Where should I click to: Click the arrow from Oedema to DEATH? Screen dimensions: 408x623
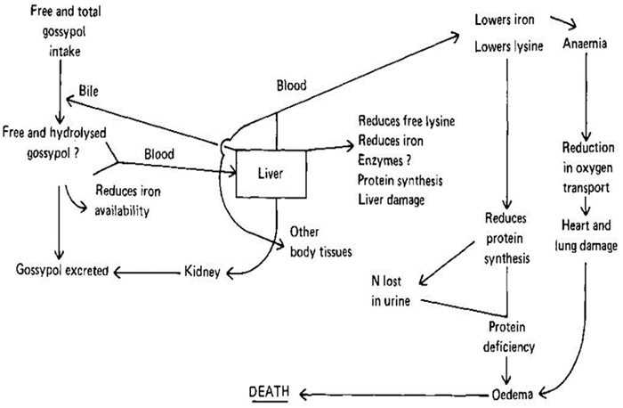(x=392, y=393)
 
